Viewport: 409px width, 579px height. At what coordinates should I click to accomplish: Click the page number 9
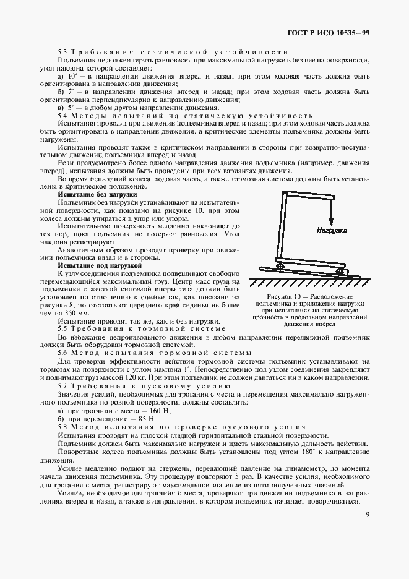(x=368, y=515)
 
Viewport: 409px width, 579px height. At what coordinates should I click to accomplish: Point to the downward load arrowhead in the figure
(x=330, y=223)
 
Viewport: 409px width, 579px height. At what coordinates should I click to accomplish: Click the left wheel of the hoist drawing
(x=280, y=267)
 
